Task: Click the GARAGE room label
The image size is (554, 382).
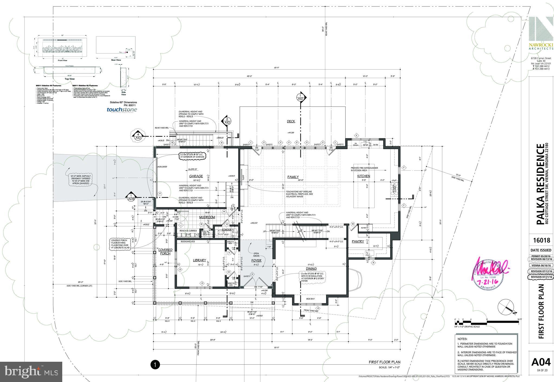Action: coord(196,176)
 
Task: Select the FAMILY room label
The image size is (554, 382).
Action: coord(293,177)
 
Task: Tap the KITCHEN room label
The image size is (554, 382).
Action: coord(363,176)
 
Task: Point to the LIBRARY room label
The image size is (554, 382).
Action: coord(199,260)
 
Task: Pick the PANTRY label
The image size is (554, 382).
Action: coord(358,242)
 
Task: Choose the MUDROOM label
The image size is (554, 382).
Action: coord(207,217)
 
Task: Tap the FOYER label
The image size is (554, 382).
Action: coord(256,261)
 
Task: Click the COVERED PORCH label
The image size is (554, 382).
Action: coord(165,252)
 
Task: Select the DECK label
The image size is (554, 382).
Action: coord(291,122)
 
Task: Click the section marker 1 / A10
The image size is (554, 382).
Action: coord(300,98)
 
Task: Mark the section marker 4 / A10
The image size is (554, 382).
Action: coord(138,136)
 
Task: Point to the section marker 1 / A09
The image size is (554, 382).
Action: coord(131,197)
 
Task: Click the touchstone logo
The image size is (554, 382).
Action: coord(122,110)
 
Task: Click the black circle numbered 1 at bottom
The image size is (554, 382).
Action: coord(155,365)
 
